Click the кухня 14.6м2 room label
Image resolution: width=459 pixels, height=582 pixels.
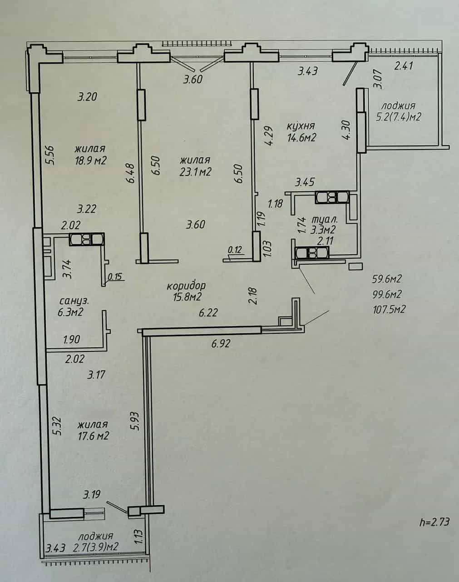pos(301,132)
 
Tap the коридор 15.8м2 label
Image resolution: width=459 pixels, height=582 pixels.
pos(187,291)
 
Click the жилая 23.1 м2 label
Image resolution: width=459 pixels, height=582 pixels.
pos(195,166)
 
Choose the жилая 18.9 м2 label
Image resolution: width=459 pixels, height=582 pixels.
pos(90,155)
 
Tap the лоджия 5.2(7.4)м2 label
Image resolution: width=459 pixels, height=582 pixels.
pos(399,111)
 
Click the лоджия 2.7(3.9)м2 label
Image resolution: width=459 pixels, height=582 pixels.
pos(96,542)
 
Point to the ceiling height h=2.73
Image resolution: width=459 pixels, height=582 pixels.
pos(434,522)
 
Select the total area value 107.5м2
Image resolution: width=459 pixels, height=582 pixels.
pos(389,309)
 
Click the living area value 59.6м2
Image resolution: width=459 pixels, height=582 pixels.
pos(387,278)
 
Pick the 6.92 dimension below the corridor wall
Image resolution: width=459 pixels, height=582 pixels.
pos(221,343)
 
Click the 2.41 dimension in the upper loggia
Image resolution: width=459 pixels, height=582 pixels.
pos(404,66)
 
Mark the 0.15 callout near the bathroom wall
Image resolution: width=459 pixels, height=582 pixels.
pos(115,276)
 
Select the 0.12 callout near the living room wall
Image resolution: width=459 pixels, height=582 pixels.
pos(235,250)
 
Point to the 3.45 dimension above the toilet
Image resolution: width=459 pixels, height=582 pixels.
pos(305,182)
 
